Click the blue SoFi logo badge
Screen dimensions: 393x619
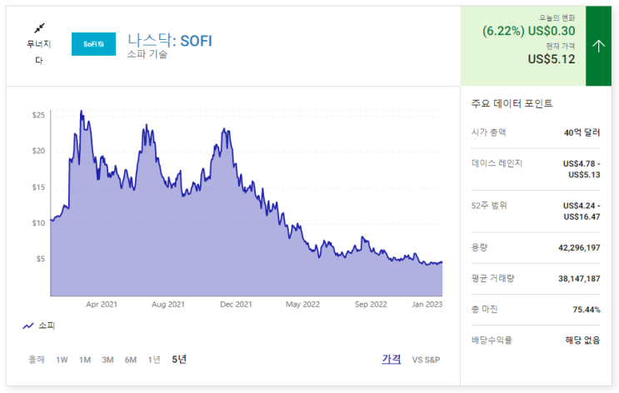tap(93, 44)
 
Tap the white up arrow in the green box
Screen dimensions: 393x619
tap(598, 46)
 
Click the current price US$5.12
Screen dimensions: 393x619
tap(552, 59)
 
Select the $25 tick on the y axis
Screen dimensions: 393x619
tap(38, 115)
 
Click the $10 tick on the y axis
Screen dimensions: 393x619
tap(38, 222)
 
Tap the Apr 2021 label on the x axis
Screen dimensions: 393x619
tap(102, 305)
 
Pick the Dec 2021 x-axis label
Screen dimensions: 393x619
tap(237, 305)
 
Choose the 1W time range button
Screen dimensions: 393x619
tap(62, 360)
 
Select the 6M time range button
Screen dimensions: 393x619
tap(131, 360)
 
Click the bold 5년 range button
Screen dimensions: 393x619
tap(179, 360)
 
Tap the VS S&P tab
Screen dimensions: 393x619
tap(426, 360)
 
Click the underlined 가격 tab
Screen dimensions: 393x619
tap(392, 359)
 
